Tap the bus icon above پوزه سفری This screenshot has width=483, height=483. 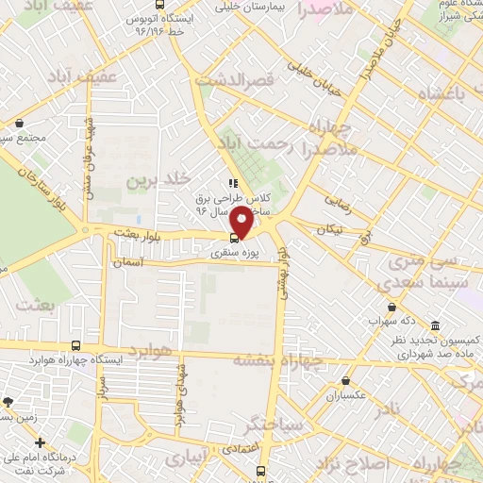235,239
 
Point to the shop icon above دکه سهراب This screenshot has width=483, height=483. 391,308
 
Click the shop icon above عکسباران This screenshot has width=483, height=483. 347,380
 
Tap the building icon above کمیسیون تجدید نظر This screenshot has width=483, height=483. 435,325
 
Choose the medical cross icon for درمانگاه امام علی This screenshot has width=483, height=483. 39,442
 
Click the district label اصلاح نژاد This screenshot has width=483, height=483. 360,465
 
